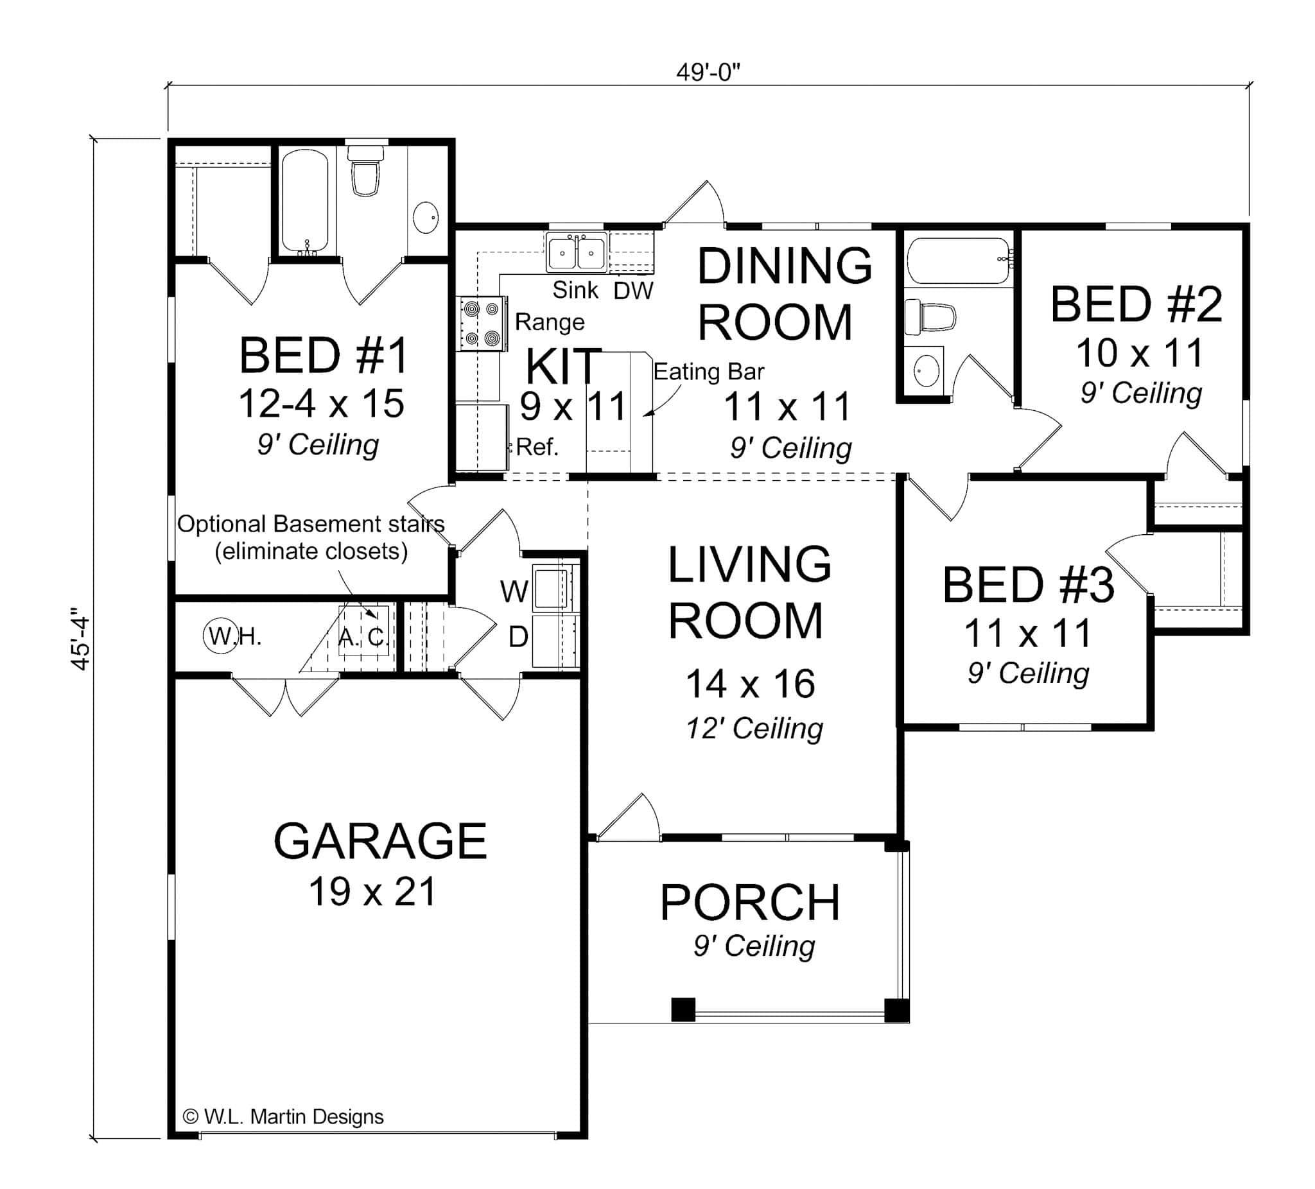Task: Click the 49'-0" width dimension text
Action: (708, 72)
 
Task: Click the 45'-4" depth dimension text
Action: (80, 639)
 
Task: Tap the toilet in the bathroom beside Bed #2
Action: (930, 317)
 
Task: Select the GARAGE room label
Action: (379, 842)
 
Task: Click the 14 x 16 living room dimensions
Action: (749, 684)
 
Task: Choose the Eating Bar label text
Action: (708, 372)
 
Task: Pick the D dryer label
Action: (518, 637)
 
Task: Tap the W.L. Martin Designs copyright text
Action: (284, 1116)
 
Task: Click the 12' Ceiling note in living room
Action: (754, 728)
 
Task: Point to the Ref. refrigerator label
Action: (537, 447)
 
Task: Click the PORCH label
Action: (749, 903)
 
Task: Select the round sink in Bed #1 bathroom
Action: (426, 217)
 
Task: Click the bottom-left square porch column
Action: (683, 1009)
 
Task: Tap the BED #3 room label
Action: (1028, 585)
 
